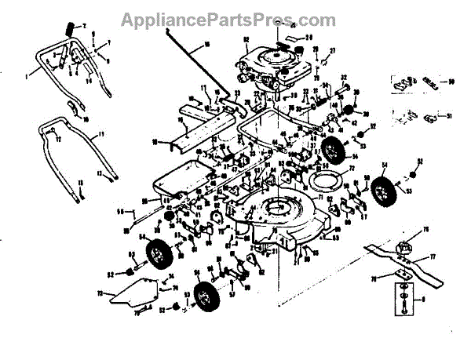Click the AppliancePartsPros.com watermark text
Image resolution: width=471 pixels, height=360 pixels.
(236, 16)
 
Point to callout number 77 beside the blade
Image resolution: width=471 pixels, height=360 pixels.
(431, 256)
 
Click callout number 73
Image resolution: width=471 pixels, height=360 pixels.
(101, 293)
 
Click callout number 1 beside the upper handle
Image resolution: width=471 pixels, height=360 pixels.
(27, 76)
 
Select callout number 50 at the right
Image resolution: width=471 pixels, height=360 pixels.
(451, 81)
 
